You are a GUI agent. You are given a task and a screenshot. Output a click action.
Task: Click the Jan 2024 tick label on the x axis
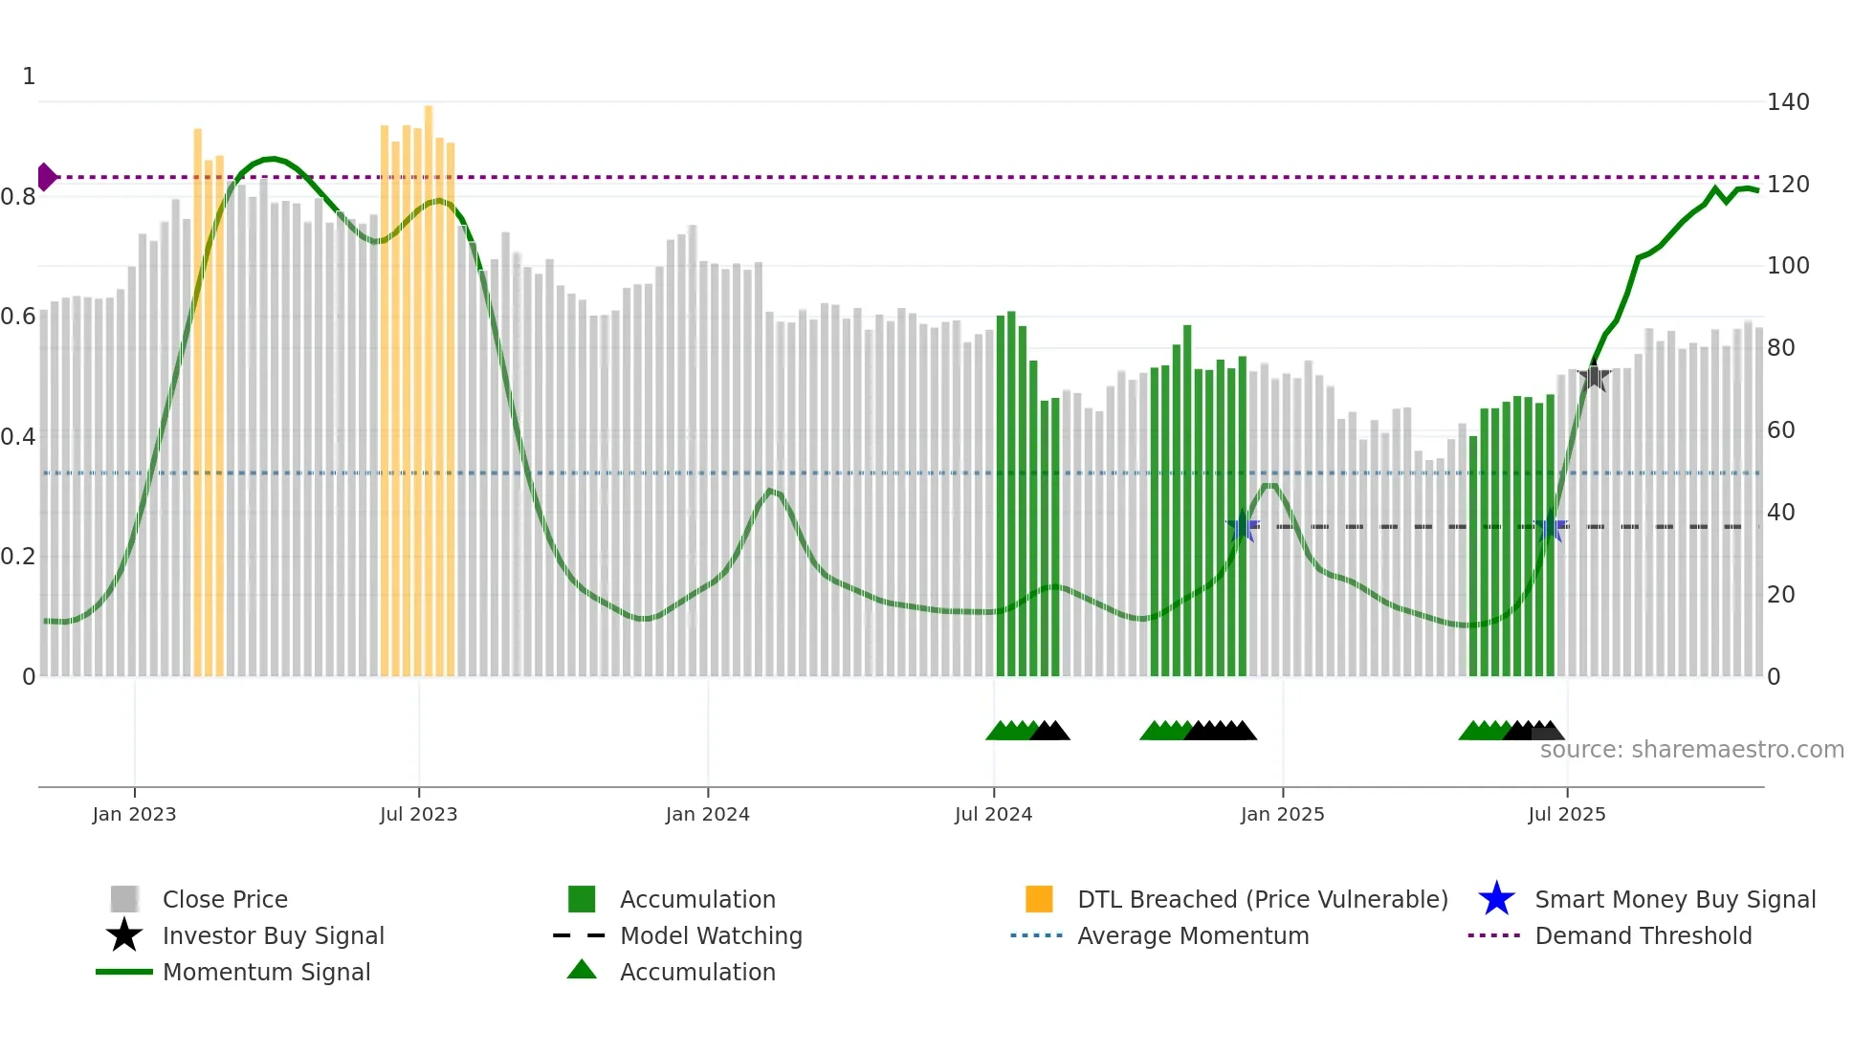pos(707,814)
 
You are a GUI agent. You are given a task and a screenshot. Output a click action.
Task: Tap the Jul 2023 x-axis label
pos(418,814)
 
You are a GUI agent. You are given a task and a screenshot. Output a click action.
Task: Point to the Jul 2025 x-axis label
pos(1566,814)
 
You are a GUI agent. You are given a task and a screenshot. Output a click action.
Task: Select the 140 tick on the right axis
pos(1787,101)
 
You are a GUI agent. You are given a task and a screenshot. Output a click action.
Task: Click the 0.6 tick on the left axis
pos(18,317)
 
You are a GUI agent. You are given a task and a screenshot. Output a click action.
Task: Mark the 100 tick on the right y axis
pos(1787,266)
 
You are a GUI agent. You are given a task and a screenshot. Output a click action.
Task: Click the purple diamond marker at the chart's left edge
pos(46,177)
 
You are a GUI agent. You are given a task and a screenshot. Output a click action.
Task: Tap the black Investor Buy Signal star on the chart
pos(1594,377)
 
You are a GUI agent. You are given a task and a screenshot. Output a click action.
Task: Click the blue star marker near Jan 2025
pos(1243,526)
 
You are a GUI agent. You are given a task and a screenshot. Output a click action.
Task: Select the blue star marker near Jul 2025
pos(1551,526)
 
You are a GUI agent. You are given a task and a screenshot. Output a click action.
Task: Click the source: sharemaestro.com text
pos(1691,750)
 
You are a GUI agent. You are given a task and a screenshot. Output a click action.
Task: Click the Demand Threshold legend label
pos(1643,935)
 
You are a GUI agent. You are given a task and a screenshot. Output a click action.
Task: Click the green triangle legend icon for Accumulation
pos(582,970)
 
